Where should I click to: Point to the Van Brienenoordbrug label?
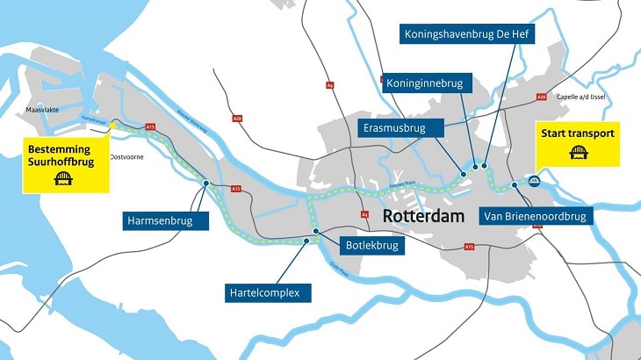point(537,216)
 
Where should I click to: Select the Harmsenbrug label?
point(167,221)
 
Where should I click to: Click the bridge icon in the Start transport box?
point(579,153)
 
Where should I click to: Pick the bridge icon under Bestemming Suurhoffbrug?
point(64,179)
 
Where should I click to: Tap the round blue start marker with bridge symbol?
point(534,182)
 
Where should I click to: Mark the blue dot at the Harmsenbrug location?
point(206,184)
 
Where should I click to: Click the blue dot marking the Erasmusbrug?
point(463,174)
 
